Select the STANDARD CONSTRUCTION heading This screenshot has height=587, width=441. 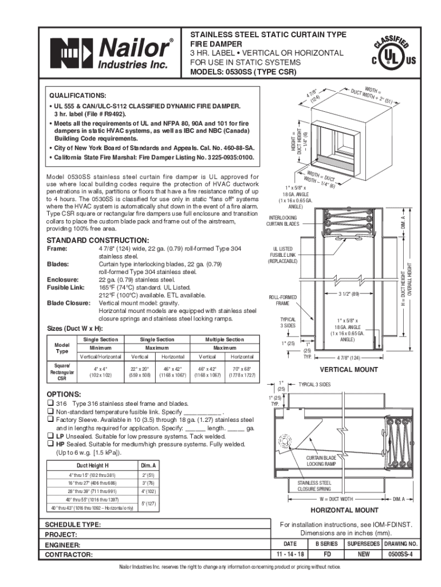click(x=97, y=240)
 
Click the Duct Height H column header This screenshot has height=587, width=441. click(x=93, y=465)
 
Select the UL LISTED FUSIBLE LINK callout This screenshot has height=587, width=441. click(x=283, y=255)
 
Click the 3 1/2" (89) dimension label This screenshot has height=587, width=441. click(x=348, y=294)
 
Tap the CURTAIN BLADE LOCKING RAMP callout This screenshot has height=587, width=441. click(x=321, y=460)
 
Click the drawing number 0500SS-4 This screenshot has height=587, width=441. click(x=401, y=555)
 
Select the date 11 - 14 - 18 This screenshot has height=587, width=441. click(x=290, y=555)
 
